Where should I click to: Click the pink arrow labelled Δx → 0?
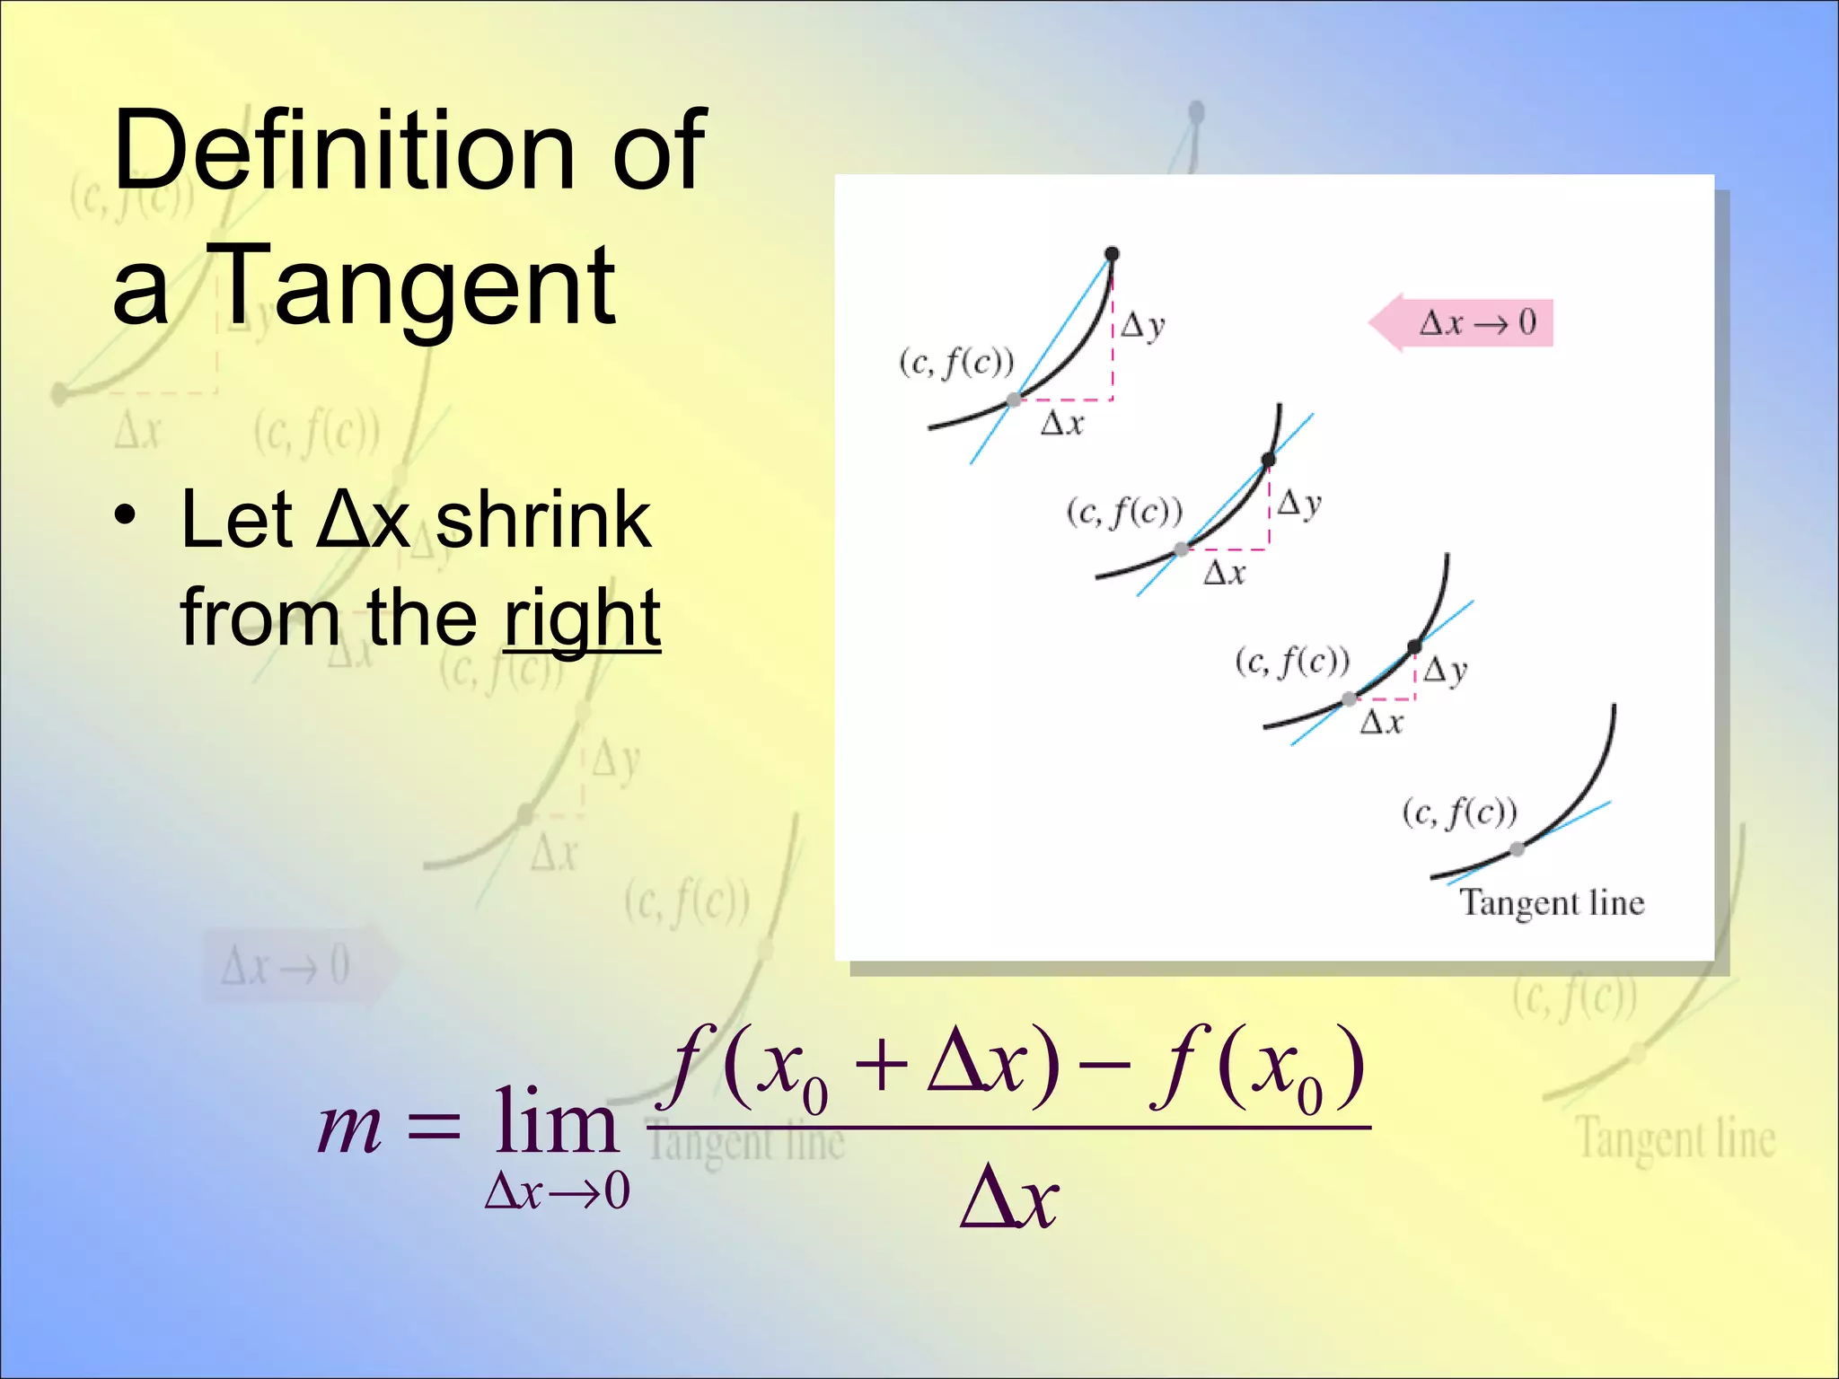click(x=1462, y=322)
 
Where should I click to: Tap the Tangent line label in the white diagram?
click(x=1552, y=902)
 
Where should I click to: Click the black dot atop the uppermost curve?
click(x=1112, y=254)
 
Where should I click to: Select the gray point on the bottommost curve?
click(x=1517, y=848)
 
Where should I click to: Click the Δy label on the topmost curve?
click(x=1143, y=326)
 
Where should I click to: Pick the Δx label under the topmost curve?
click(x=1062, y=423)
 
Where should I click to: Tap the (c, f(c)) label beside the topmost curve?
click(x=956, y=363)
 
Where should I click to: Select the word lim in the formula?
click(x=556, y=1122)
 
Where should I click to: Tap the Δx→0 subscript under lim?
click(x=557, y=1191)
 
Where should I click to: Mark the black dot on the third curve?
click(x=1414, y=646)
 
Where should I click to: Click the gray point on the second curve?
click(x=1182, y=549)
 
